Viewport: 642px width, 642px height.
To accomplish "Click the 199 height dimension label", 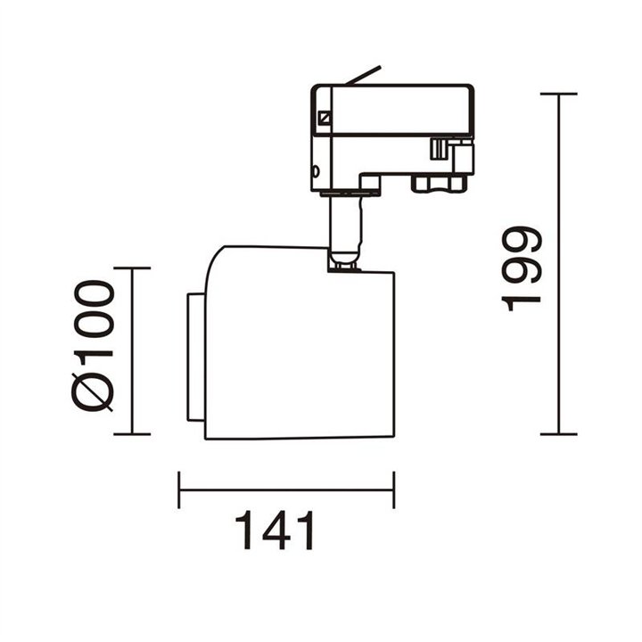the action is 522,268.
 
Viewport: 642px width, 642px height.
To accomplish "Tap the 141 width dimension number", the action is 275,531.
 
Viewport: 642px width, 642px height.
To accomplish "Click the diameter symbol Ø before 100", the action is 92,391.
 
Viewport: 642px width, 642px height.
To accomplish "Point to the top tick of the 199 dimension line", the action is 558,95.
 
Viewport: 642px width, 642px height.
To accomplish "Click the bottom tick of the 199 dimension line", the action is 558,434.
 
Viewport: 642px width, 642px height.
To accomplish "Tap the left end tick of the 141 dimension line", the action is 179,490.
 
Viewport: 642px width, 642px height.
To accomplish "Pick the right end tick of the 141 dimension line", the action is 394,490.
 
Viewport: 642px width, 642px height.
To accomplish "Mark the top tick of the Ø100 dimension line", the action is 132,268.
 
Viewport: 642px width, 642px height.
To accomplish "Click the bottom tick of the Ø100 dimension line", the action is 132,434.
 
